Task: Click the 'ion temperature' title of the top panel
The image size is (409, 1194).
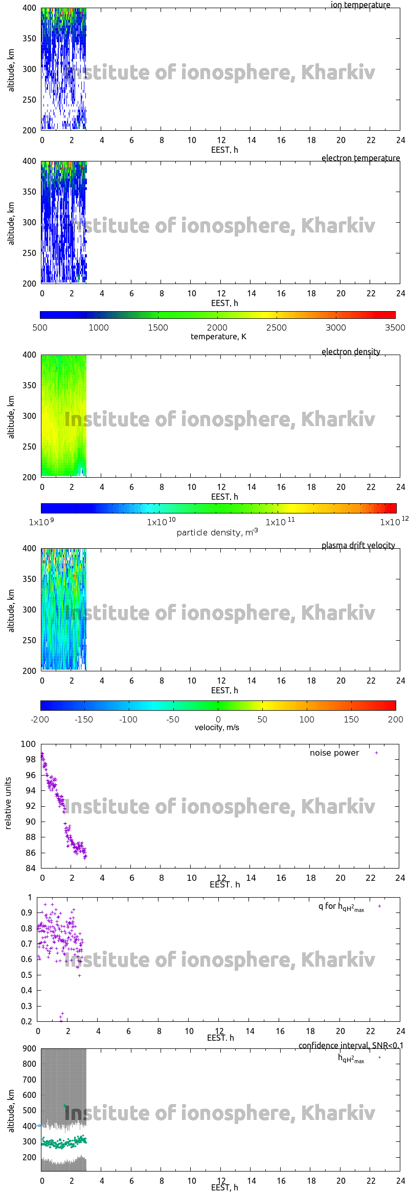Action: [x=360, y=5]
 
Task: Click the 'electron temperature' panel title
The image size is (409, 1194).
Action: [x=360, y=158]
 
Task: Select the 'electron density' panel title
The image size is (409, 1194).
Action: [x=351, y=352]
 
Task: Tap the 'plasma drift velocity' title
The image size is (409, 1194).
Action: [x=358, y=546]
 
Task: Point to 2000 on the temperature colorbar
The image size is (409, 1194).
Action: [x=217, y=327]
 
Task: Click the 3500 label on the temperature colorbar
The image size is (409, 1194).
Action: [x=395, y=327]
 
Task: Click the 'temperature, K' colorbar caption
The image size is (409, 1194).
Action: [x=218, y=337]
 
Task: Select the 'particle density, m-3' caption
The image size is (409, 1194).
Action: [x=217, y=532]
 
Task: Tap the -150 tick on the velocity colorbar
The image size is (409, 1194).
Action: [x=84, y=719]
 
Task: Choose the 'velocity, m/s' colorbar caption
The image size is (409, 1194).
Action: [x=217, y=728]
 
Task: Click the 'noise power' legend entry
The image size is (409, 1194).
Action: [x=334, y=753]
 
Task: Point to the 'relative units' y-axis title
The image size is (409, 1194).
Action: [x=8, y=804]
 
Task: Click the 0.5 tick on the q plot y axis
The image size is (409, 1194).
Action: [x=27, y=975]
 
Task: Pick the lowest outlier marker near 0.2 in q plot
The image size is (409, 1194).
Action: [x=61, y=1021]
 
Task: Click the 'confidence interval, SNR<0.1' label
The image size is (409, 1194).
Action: [x=351, y=1046]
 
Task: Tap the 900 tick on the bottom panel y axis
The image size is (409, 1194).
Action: [x=29, y=1049]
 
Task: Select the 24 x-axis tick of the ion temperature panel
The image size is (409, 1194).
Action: [x=400, y=141]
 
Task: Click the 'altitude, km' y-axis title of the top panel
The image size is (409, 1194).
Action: [x=11, y=71]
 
